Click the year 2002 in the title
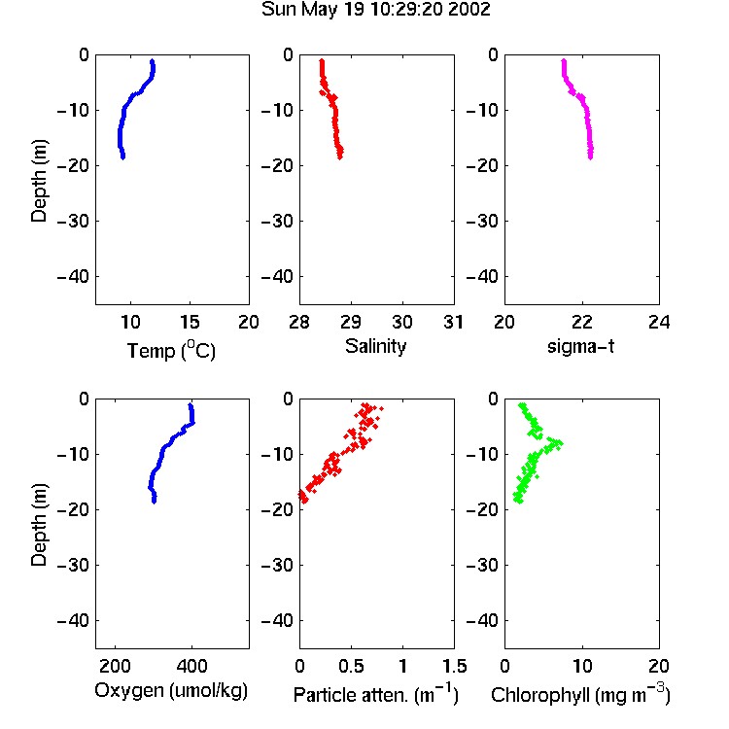pos(469,10)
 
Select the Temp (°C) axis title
pos(171,350)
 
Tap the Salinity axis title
pos(375,346)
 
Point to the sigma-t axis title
pos(580,346)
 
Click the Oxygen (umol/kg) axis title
pos(171,691)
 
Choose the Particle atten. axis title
pos(375,694)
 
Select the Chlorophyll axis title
pos(580,694)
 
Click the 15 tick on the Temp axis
pos(190,322)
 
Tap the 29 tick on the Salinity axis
pos(351,322)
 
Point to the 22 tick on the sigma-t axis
pos(582,322)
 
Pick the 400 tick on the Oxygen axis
pos(192,666)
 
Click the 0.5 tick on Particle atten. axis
pos(351,666)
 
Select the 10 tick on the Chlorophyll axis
pos(582,666)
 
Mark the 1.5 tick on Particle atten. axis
pos(454,666)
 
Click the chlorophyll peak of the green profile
pos(560,443)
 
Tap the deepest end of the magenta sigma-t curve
pos(590,157)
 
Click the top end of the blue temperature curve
pos(152,61)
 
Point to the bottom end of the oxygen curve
pos(154,502)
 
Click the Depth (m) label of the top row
pos(39,181)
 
